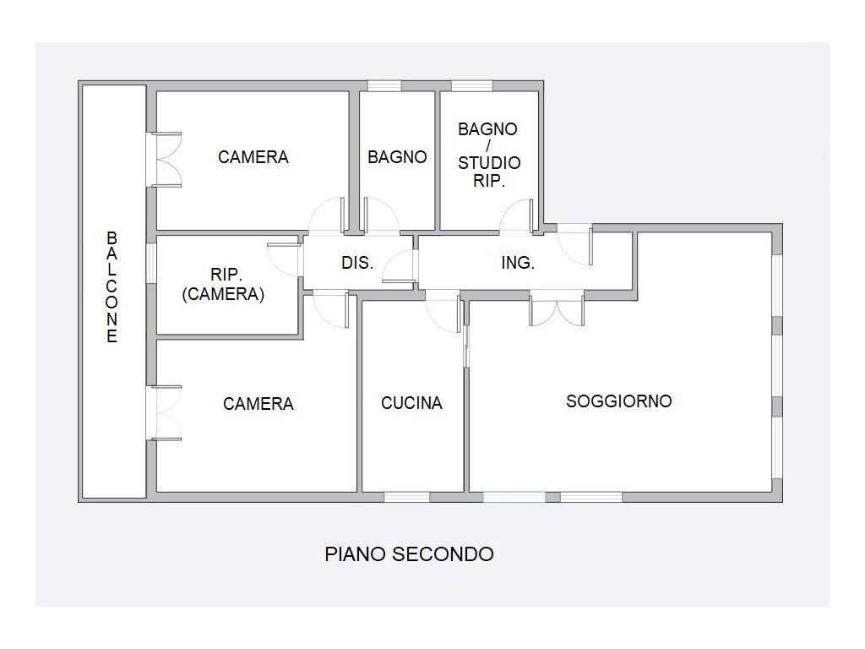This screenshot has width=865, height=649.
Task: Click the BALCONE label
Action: pos(112,287)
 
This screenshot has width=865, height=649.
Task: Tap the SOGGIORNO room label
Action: pos(619,401)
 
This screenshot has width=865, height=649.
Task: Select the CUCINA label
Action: pos(411,403)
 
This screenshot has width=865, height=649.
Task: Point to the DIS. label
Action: pos(357,263)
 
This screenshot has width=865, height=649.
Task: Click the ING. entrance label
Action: pos(518,263)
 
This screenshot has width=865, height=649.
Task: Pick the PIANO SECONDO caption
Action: pos(409,554)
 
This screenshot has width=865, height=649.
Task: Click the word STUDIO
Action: pos(489,163)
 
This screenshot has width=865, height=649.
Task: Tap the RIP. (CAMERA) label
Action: pos(223,284)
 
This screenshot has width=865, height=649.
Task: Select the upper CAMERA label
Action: pos(253,157)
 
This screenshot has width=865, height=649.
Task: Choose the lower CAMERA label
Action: pos(258,404)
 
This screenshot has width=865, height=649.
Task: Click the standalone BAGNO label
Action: pos(397,157)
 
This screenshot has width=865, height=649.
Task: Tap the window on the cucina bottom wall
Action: pos(406,497)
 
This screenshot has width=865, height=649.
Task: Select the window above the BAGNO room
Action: pos(384,86)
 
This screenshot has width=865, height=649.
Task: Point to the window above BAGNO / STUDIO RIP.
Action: pos(471,86)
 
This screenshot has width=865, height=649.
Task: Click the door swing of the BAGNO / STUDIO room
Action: pos(517,216)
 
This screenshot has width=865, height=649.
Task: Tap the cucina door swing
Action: pos(443,313)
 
